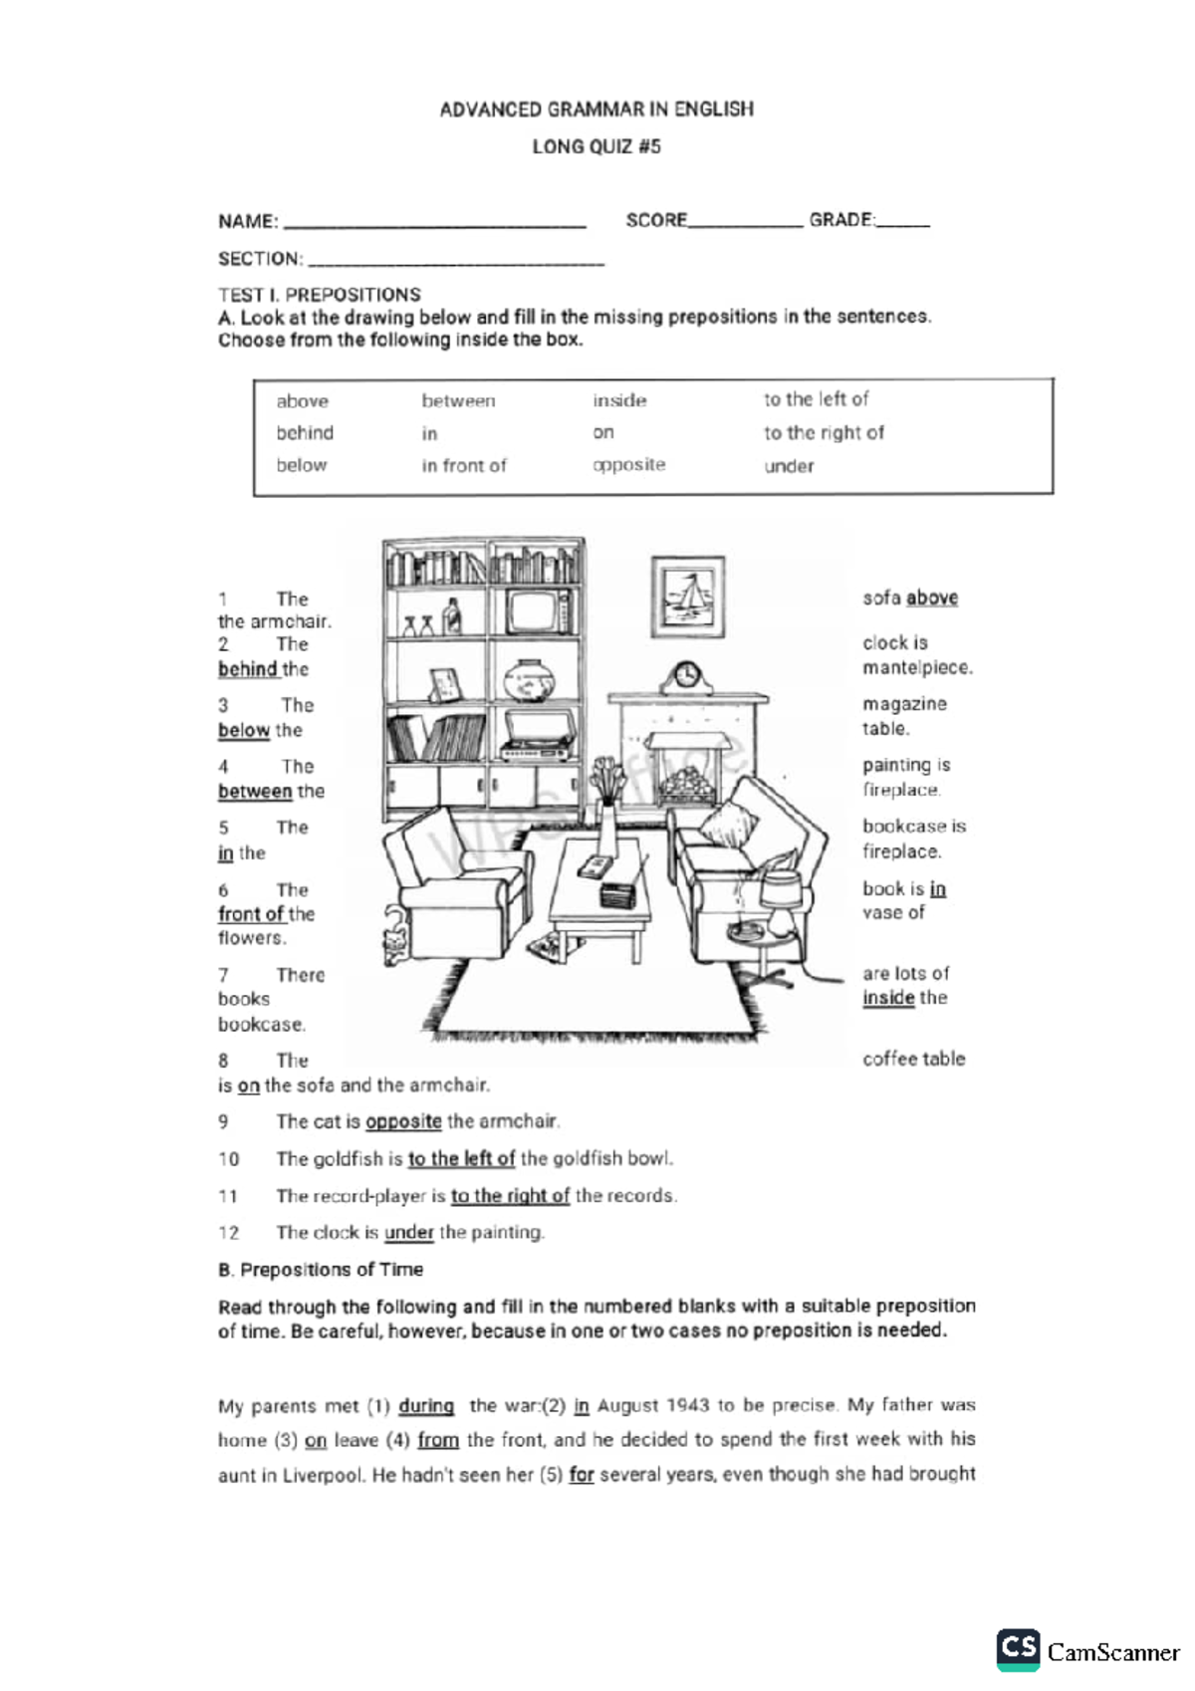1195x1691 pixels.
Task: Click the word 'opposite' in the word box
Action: [x=628, y=465]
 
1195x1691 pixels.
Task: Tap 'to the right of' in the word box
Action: [x=824, y=433]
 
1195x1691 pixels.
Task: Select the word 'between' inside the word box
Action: [x=458, y=401]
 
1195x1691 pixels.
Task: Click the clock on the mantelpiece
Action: [x=687, y=677]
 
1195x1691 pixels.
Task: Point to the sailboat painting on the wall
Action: [x=687, y=597]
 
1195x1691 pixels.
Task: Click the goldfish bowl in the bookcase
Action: [x=528, y=682]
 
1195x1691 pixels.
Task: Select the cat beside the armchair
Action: [x=395, y=936]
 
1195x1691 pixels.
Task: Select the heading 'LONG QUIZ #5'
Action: [x=597, y=146]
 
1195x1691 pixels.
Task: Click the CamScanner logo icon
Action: [x=1018, y=1649]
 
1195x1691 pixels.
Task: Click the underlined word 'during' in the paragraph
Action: [x=426, y=1406]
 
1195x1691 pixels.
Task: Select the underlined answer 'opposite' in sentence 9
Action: [x=403, y=1121]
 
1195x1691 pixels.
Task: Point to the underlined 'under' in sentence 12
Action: [x=409, y=1233]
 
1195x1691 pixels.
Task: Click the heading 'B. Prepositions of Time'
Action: [x=321, y=1270]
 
